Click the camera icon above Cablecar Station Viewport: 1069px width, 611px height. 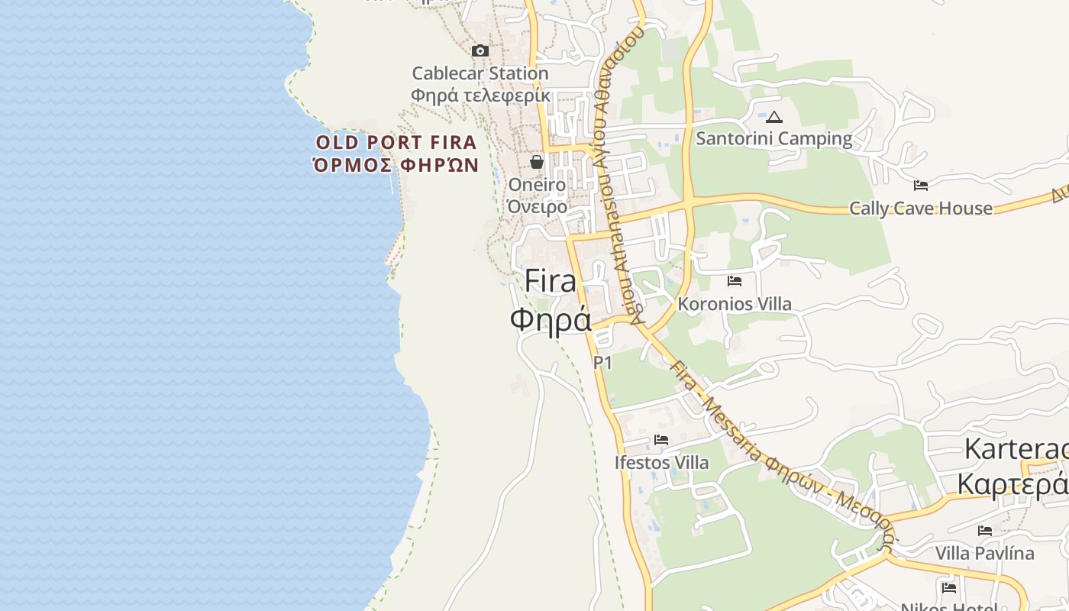point(480,51)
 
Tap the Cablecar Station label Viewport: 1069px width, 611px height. point(480,73)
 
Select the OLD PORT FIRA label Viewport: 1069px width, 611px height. point(396,142)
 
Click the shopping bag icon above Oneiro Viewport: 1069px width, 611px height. point(537,162)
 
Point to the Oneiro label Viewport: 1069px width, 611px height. point(537,185)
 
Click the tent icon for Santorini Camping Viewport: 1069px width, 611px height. point(774,117)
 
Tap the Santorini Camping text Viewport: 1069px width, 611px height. point(773,138)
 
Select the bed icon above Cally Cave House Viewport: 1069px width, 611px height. point(921,185)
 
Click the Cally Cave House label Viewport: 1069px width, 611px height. point(921,208)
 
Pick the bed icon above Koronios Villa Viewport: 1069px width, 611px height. point(735,281)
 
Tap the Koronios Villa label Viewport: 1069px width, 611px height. point(735,303)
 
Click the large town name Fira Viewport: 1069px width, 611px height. point(551,281)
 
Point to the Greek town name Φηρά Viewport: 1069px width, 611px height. point(551,319)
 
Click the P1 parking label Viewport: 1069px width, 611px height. point(603,363)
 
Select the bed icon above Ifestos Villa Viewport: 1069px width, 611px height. point(661,440)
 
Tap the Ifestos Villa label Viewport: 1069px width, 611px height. point(661,462)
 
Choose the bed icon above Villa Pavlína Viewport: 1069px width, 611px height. point(985,530)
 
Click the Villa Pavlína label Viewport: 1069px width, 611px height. point(985,553)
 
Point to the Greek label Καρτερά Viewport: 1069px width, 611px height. point(1012,484)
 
